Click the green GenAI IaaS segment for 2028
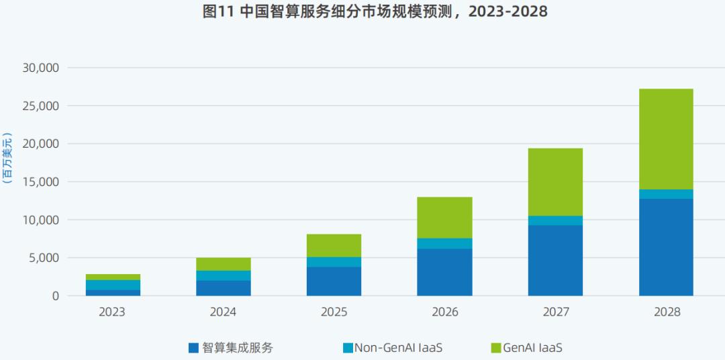[x=665, y=139]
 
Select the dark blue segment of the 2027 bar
[x=555, y=260]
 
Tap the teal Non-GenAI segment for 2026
[x=444, y=243]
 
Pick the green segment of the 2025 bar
[x=334, y=245]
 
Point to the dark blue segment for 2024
[x=224, y=287]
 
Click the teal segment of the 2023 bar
[x=113, y=285]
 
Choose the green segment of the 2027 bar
[x=555, y=181]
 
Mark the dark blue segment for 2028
[x=665, y=246]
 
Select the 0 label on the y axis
[x=55, y=296]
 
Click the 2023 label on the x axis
[x=113, y=312]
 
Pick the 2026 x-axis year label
[x=444, y=312]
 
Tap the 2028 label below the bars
[x=665, y=312]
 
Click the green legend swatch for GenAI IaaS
[x=496, y=348]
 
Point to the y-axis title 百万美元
[x=7, y=158]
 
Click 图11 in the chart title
[x=217, y=12]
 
